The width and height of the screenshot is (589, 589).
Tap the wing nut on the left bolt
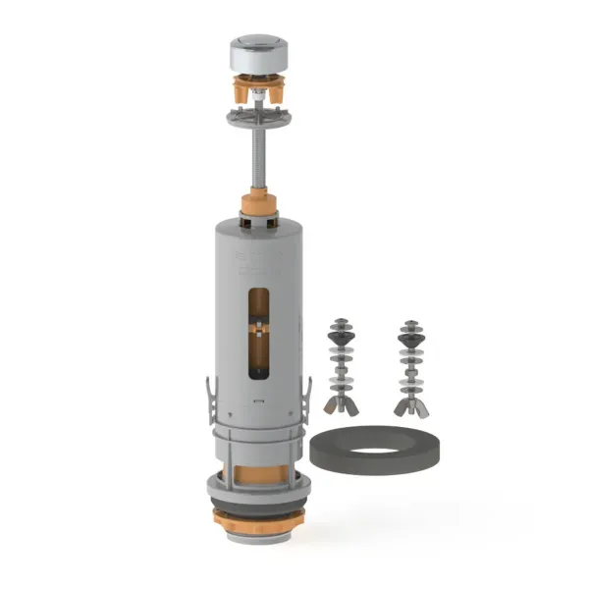coord(340,403)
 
